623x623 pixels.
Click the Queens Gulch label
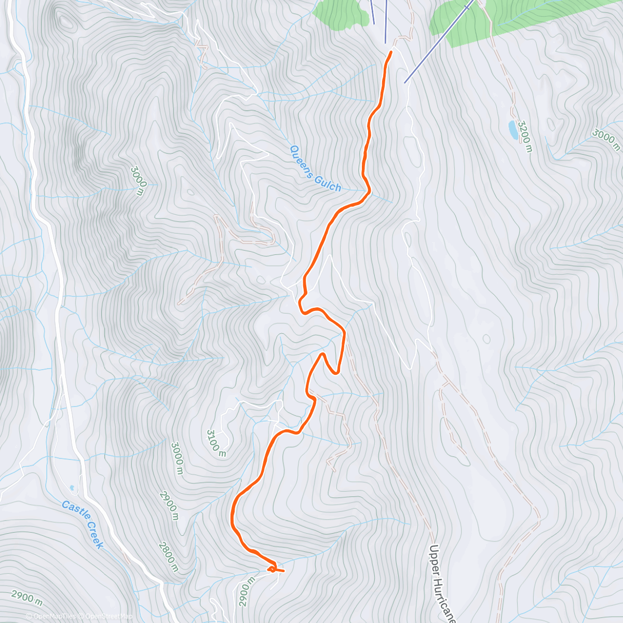coord(315,168)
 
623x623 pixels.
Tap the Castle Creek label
coord(83,524)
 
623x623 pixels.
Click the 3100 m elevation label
coord(216,443)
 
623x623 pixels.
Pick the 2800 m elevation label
coord(169,557)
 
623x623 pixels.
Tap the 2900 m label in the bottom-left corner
coord(26,598)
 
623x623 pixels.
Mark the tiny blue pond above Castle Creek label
coord(72,487)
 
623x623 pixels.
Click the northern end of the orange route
coord(390,52)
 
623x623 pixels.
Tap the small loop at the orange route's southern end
coord(272,570)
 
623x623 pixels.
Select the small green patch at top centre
coord(340,12)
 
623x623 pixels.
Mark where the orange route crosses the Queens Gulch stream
coord(368,193)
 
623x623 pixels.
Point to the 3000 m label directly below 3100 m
coord(177,458)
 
